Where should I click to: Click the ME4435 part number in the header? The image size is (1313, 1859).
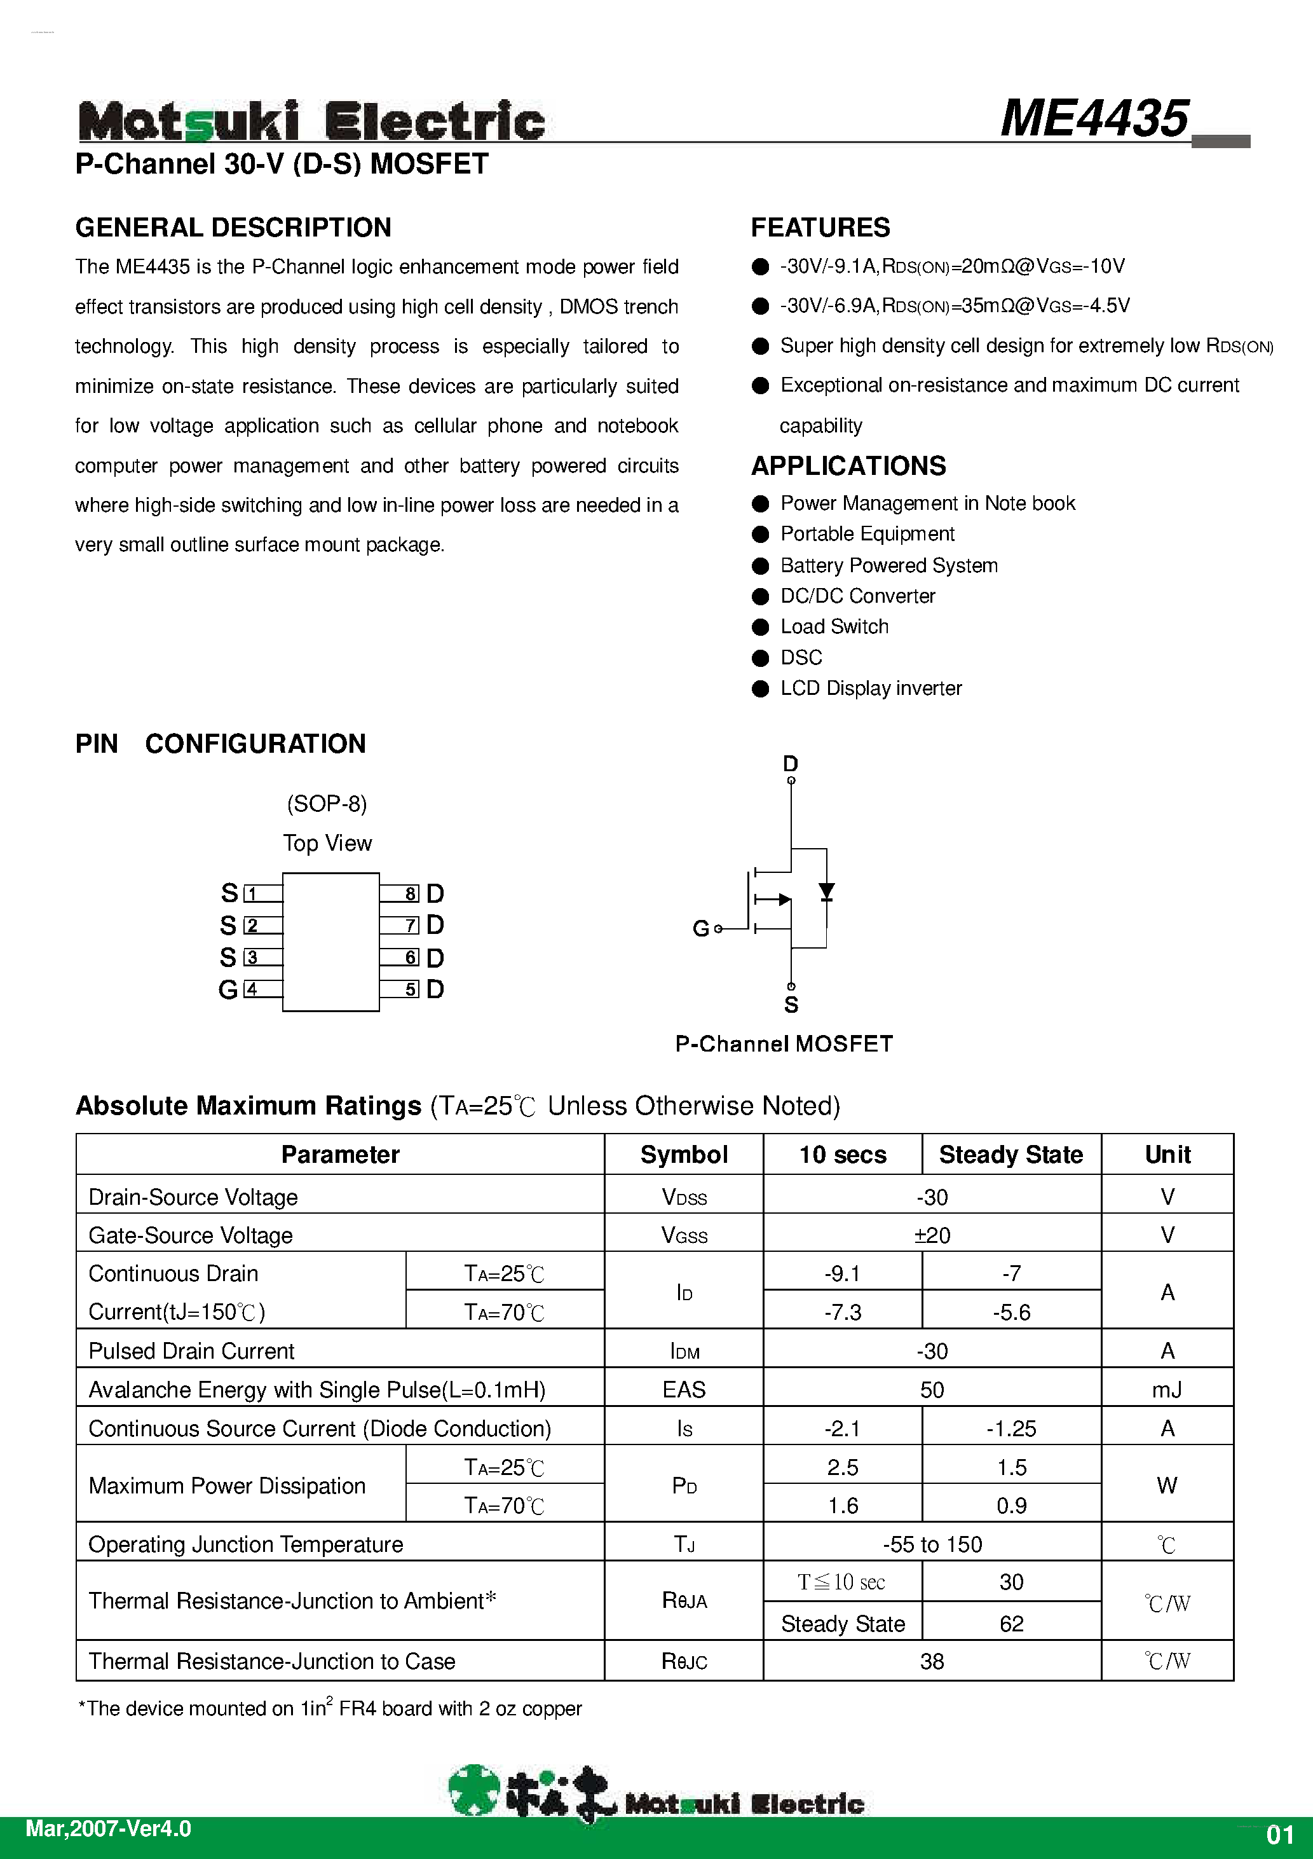tap(1094, 119)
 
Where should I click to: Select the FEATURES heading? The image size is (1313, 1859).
tap(820, 228)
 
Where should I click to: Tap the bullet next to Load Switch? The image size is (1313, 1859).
tap(760, 628)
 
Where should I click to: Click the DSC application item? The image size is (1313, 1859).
tap(801, 657)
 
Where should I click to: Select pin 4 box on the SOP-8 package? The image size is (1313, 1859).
tap(252, 989)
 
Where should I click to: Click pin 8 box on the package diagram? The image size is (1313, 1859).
tap(411, 894)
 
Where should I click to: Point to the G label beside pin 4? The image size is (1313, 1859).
tap(228, 989)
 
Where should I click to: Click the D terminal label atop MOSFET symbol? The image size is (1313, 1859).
tap(790, 764)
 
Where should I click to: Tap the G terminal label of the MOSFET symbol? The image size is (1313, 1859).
tap(700, 929)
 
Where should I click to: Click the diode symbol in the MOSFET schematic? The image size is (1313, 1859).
tap(826, 892)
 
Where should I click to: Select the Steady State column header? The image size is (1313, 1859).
tap(1010, 1155)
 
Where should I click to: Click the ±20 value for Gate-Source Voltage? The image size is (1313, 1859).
tap(932, 1235)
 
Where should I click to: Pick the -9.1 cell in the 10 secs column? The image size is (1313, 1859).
tap(842, 1273)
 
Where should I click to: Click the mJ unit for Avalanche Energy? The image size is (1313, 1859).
tap(1166, 1390)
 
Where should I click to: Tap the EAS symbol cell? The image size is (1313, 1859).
tap(684, 1390)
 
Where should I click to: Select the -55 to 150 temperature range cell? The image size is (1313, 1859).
tap(932, 1545)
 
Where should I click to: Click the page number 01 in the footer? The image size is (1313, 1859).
tap(1280, 1835)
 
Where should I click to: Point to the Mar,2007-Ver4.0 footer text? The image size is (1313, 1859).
tap(109, 1830)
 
